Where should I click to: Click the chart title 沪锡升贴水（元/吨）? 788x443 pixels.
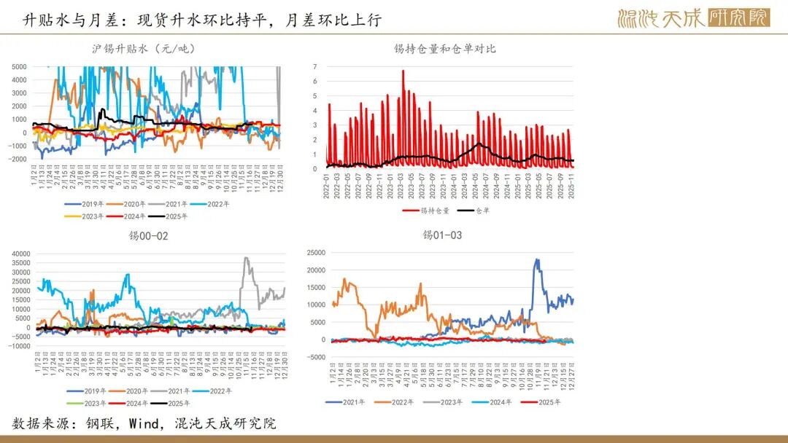143,49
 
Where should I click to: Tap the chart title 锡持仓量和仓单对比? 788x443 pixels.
444,49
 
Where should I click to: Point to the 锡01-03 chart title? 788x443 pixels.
442,235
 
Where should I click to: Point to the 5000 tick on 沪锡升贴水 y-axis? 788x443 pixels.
20,66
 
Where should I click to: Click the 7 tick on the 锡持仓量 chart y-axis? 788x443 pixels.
315,66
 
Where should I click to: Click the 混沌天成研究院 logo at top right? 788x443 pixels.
692,18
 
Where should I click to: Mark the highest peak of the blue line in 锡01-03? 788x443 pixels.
537,259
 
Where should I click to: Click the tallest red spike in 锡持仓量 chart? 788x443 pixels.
403,71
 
